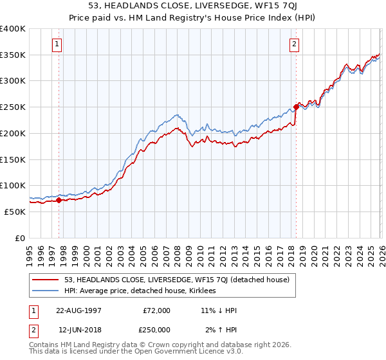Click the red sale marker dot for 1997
coord(59,200)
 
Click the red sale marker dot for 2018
coord(296,107)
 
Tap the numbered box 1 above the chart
coord(58,44)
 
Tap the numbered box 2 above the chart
coord(294,44)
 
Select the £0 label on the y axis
coord(19,238)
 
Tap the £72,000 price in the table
coord(156,310)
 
